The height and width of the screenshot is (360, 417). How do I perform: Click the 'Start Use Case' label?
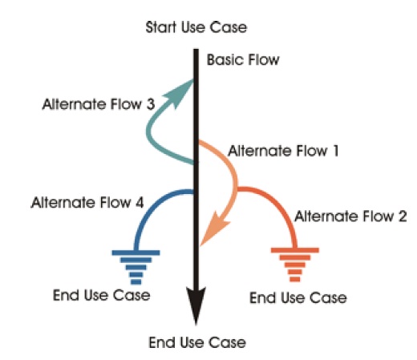pyautogui.click(x=196, y=28)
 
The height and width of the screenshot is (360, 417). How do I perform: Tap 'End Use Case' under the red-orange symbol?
pyautogui.click(x=298, y=298)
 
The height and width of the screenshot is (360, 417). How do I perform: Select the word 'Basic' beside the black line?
pyautogui.click(x=222, y=60)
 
